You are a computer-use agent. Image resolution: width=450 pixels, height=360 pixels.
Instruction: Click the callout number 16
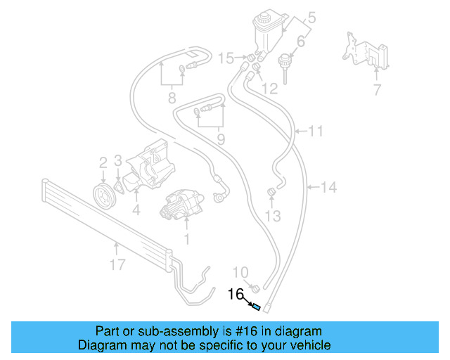[235, 295]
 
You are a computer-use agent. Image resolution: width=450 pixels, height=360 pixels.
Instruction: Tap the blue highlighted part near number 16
[257, 307]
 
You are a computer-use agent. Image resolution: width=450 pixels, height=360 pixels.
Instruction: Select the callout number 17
[117, 264]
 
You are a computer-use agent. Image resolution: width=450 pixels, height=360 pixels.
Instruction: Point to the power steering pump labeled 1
[184, 207]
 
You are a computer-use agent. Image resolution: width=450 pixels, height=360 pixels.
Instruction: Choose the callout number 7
[377, 89]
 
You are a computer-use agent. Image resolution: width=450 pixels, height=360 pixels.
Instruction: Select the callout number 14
[329, 187]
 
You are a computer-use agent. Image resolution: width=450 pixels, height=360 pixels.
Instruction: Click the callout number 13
[274, 215]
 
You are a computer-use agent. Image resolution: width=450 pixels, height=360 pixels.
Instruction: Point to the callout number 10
[240, 272]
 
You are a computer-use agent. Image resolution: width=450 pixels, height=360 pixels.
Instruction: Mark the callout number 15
[225, 57]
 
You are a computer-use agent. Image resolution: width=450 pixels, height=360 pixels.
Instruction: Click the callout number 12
[270, 89]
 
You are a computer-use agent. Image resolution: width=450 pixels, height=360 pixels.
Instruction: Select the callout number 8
[172, 98]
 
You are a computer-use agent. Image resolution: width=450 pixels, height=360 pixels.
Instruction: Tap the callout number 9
[221, 139]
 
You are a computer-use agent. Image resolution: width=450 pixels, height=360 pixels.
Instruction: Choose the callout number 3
[119, 161]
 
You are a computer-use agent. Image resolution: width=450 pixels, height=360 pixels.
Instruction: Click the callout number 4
[135, 208]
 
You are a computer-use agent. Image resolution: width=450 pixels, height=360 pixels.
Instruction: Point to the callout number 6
[301, 42]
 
